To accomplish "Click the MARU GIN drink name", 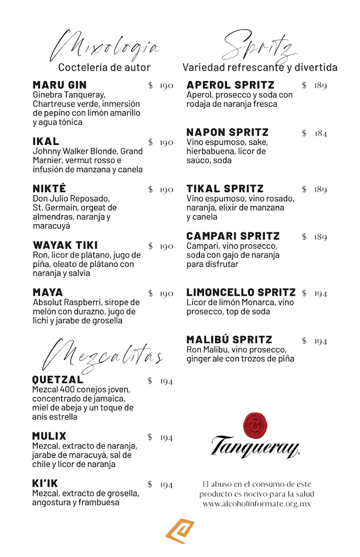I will (x=59, y=85).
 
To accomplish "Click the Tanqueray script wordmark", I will (x=255, y=447).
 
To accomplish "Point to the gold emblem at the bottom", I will (x=180, y=531).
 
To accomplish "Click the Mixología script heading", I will (x=104, y=47).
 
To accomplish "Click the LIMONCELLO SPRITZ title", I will (x=241, y=292).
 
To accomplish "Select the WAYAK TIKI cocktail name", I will (x=65, y=245).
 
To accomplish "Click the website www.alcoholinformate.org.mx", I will (x=257, y=504).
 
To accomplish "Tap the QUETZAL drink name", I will (x=58, y=380).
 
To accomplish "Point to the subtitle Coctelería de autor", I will (x=104, y=68).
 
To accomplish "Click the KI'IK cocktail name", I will (x=45, y=483).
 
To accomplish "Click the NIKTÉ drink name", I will (x=49, y=188).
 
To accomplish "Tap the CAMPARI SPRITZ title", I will (x=233, y=236).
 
